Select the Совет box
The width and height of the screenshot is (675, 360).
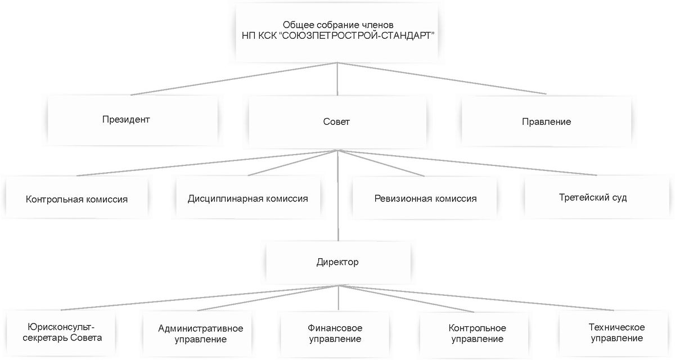(x=337, y=121)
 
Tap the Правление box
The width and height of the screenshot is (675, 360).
(x=546, y=121)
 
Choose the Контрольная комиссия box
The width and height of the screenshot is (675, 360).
(x=76, y=199)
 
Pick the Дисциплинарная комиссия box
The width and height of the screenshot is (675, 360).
(x=247, y=199)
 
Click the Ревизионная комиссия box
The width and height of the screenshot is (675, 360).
(x=425, y=199)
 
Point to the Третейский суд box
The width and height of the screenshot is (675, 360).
(x=593, y=197)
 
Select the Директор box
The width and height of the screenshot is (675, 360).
(x=337, y=262)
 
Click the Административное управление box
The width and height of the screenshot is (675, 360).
(x=201, y=334)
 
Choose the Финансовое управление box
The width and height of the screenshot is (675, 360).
(x=335, y=333)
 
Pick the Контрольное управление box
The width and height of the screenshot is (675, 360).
(x=477, y=334)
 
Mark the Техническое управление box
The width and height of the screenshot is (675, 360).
(x=616, y=333)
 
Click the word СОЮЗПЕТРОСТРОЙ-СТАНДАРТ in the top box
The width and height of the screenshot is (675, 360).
(x=357, y=35)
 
